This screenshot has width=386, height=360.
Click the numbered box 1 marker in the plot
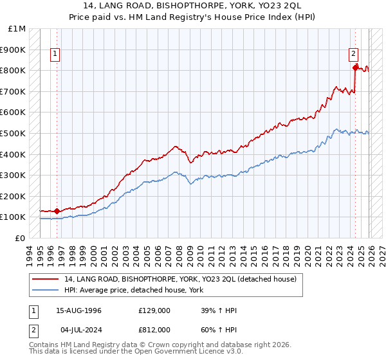click(x=56, y=55)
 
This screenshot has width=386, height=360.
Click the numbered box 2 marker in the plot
click(x=354, y=55)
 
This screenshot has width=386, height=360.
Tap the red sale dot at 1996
click(x=57, y=210)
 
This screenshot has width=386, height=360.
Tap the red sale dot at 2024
click(x=355, y=67)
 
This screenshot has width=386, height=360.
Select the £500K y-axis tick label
click(x=14, y=134)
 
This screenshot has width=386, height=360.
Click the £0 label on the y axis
click(x=19, y=238)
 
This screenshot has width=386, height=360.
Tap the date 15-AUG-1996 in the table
click(x=78, y=310)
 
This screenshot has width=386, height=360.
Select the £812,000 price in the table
click(x=154, y=329)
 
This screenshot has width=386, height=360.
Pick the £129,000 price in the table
click(x=154, y=310)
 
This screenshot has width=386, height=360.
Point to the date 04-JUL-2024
click(x=78, y=329)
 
